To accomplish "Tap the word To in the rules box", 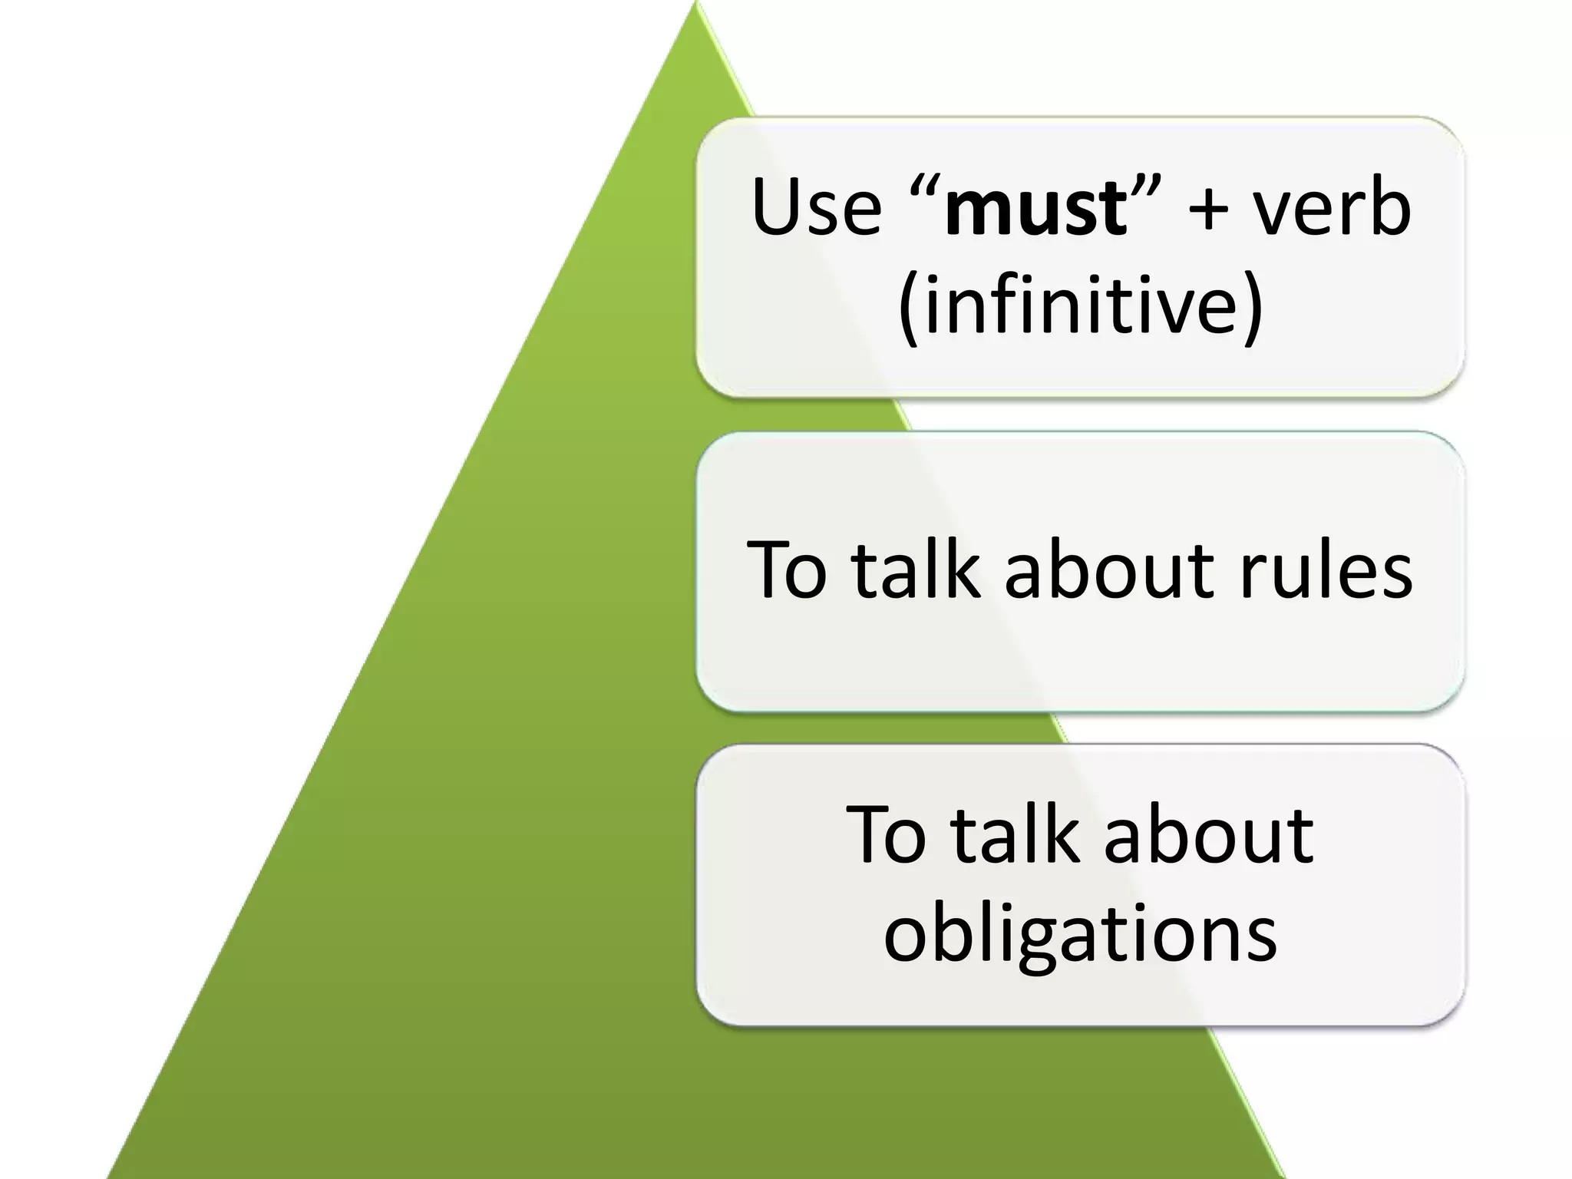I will pyautogui.click(x=787, y=570).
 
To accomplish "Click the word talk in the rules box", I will pyautogui.click(x=916, y=570).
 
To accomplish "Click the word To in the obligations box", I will pyautogui.click(x=887, y=835).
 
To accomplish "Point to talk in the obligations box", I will pyautogui.click(x=1016, y=835).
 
